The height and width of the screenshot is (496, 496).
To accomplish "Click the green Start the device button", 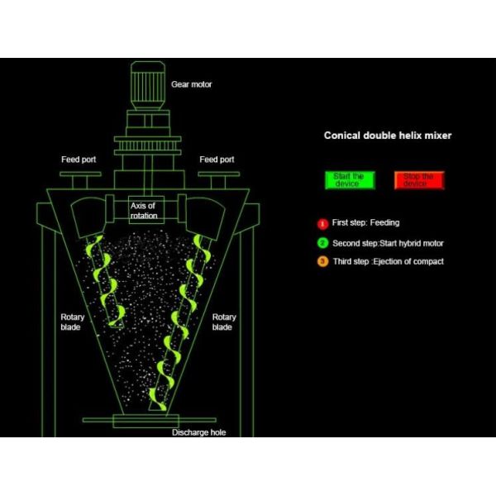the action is point(350,180).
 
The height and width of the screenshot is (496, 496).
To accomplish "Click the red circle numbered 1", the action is point(322,224).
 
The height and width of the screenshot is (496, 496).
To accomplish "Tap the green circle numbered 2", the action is point(322,243).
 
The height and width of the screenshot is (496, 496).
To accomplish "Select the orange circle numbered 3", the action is point(322,261).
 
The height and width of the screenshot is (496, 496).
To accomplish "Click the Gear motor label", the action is point(192,84).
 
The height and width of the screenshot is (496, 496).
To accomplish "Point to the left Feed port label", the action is point(79,160).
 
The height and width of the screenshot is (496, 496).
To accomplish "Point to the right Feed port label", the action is point(217,160).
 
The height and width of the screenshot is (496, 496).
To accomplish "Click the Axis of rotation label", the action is point(144,211).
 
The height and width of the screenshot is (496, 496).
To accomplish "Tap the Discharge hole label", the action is point(198,432).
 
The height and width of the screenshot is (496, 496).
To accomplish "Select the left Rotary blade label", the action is point(73,322).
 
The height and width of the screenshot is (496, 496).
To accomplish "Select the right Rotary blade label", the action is point(224,322).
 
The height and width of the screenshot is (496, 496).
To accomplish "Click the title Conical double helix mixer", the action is point(388,136).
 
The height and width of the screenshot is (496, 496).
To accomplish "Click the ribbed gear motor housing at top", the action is point(148,86).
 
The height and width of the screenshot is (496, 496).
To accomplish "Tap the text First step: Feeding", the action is point(365,222).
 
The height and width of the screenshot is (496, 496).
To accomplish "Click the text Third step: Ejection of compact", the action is point(389,261).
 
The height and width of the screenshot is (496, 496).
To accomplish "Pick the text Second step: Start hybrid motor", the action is point(388,243).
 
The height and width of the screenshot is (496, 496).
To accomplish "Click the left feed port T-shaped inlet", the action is point(80,180).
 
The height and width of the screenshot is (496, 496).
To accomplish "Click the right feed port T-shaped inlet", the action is point(218,180).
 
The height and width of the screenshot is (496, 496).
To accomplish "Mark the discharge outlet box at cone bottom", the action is point(145,421).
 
